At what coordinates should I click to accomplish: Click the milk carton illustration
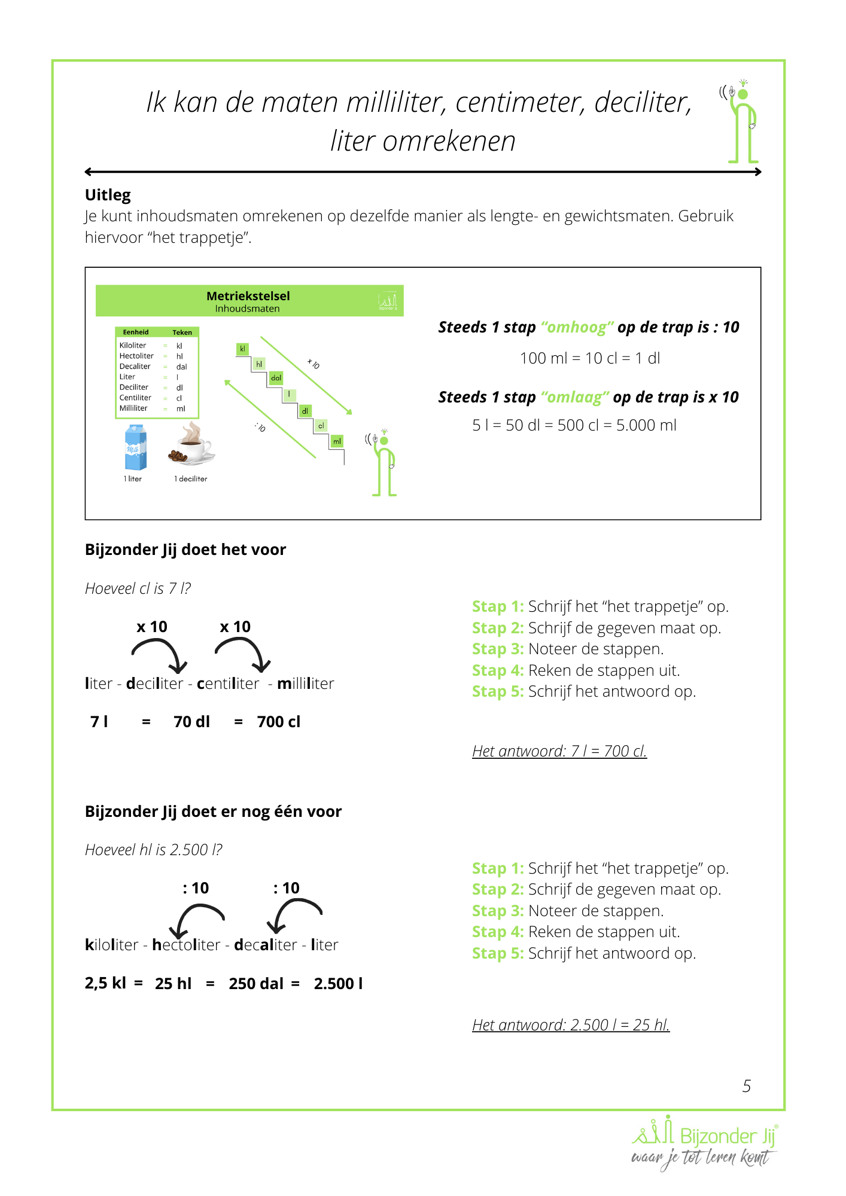coord(136,447)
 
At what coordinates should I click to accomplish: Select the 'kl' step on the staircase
coord(242,349)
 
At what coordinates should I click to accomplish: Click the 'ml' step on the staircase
coord(337,441)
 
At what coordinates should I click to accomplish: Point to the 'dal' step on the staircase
coord(276,378)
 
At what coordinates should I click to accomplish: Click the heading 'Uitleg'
coord(108,195)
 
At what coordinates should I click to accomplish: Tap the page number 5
coord(746,1086)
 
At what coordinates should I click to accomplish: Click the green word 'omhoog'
coord(577,327)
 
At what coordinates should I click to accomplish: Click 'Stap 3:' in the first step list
coord(498,649)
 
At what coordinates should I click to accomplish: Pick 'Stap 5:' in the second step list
coord(498,953)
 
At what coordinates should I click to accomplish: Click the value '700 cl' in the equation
coord(278,722)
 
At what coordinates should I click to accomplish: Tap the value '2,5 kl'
coord(105,983)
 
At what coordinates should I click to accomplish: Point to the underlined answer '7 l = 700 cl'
coord(559,751)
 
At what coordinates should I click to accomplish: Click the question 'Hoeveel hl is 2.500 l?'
coord(154,850)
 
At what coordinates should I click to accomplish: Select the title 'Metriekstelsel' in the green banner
coord(248,296)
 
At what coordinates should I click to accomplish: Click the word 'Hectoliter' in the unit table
coord(136,356)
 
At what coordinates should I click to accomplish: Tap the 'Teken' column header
coord(182,332)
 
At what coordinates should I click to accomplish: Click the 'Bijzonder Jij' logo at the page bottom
coord(704,1143)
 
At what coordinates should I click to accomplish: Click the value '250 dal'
coord(256,984)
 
